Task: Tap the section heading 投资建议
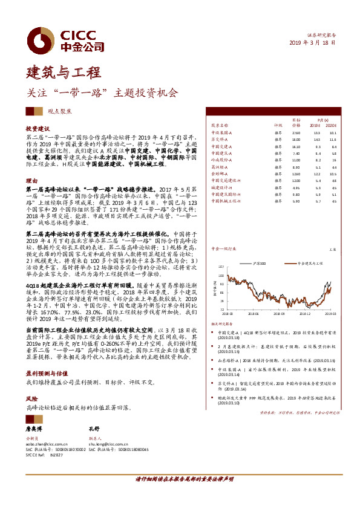[37, 129]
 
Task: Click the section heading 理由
[31, 181]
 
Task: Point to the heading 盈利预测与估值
[45, 357]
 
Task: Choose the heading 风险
[31, 382]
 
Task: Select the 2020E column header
[333, 125]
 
